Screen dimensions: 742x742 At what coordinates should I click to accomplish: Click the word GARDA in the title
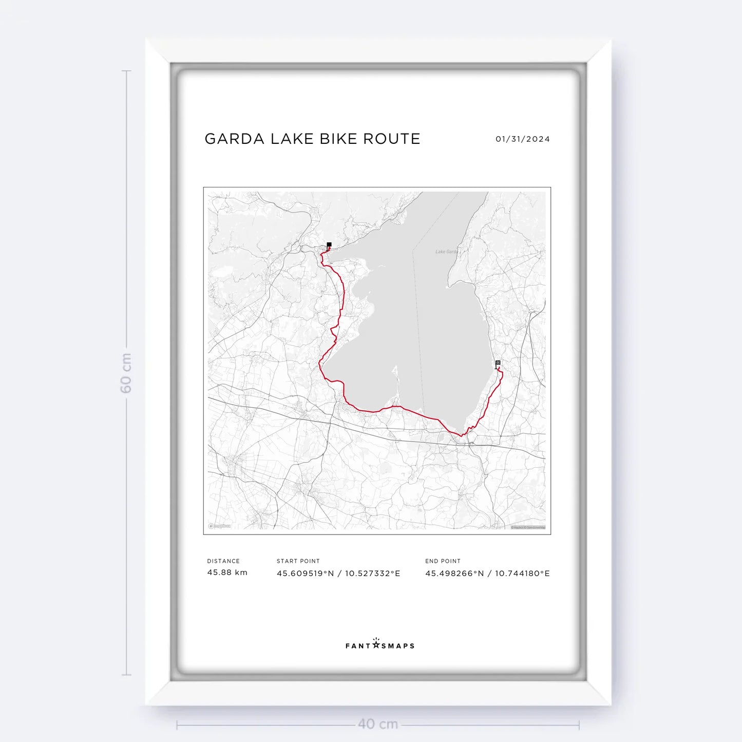pos(234,139)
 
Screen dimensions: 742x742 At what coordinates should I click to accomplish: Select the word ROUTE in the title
pos(392,139)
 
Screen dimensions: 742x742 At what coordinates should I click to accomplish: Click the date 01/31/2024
pos(522,139)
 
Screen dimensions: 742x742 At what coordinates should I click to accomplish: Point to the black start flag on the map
pos(329,245)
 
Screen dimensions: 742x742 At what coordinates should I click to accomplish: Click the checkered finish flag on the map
pos(498,364)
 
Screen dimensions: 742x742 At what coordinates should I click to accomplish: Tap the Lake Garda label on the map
pos(446,252)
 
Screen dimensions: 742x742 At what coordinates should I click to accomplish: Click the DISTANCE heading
pos(223,561)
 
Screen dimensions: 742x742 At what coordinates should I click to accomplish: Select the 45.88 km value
pos(227,573)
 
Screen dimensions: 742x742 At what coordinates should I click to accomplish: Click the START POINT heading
pos(298,561)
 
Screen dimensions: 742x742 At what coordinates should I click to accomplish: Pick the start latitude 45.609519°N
pos(305,574)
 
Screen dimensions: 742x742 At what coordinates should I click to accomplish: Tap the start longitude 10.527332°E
pos(372,574)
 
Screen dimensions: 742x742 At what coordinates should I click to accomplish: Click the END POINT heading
pos(443,561)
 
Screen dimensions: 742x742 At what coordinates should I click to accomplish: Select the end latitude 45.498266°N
pos(454,574)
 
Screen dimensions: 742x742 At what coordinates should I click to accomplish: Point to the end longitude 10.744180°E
pos(522,574)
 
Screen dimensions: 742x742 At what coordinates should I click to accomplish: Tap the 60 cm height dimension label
pos(126,373)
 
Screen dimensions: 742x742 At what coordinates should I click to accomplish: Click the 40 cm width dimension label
pos(378,724)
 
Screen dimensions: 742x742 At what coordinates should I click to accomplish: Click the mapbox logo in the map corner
pos(219,526)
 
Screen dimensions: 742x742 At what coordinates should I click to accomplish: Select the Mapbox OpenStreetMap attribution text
pos(528,527)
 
